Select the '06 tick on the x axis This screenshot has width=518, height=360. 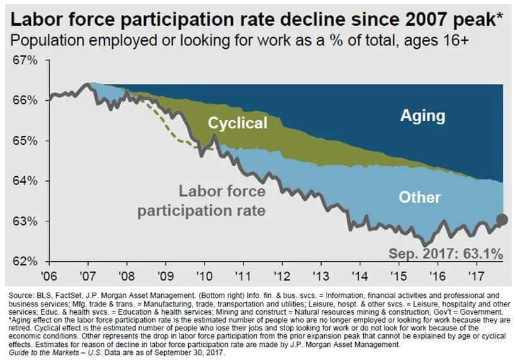(49, 276)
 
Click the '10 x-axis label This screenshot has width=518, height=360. (204, 276)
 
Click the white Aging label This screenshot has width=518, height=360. (422, 116)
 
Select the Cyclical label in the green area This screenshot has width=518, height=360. (237, 123)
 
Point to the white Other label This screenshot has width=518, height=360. (420, 197)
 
